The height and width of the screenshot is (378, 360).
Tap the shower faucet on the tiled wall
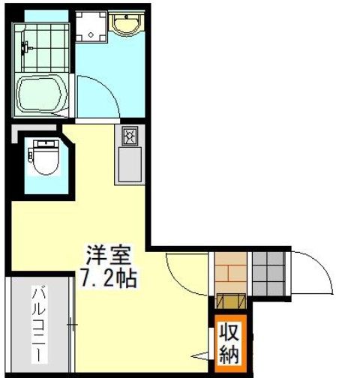[25, 47]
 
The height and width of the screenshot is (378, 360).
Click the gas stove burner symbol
[129, 137]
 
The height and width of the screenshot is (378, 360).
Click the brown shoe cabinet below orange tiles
[230, 301]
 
